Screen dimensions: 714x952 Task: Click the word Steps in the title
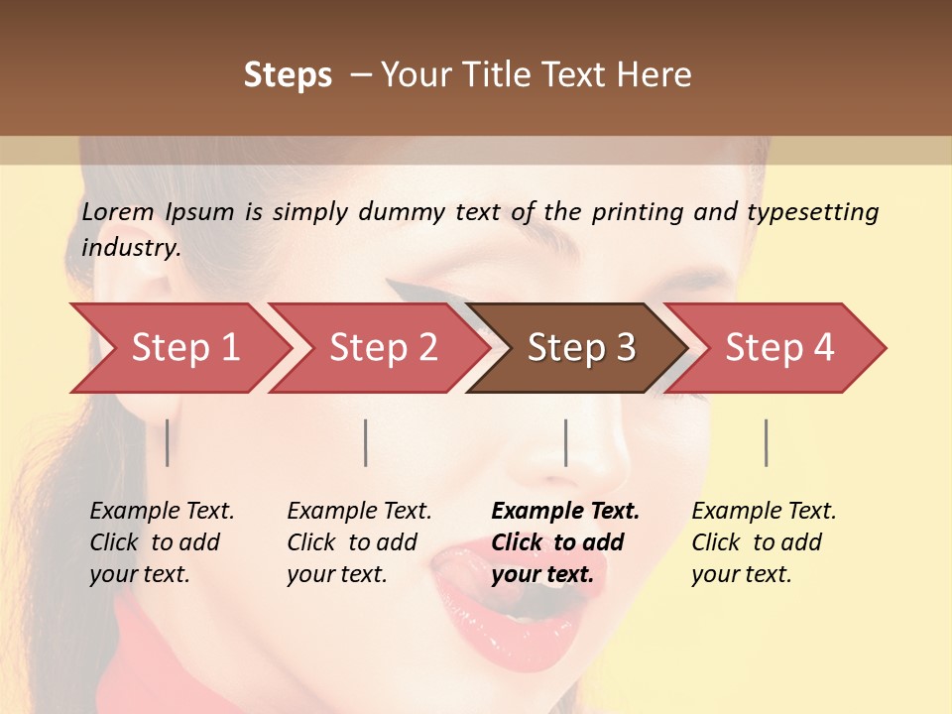coord(288,75)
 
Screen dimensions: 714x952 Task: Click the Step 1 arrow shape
coord(178,348)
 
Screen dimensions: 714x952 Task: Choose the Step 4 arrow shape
coord(779,348)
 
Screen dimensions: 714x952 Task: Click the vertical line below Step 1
coord(168,442)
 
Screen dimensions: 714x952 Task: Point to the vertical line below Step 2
coord(366,442)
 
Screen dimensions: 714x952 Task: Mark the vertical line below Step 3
coord(566,442)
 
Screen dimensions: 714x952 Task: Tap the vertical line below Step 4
coord(766,442)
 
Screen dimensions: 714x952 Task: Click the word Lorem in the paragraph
coord(118,212)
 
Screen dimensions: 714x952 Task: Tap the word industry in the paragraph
coord(130,248)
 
